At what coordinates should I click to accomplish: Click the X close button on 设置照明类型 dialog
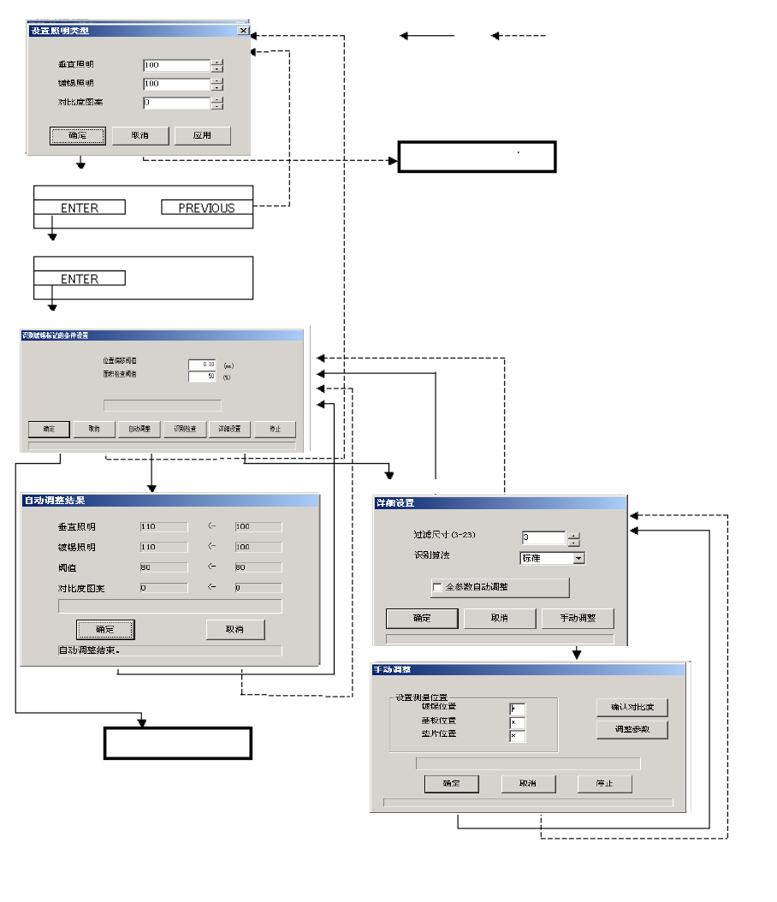[x=244, y=30]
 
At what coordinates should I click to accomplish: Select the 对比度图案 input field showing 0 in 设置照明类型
[x=176, y=103]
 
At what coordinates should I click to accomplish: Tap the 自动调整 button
[x=139, y=429]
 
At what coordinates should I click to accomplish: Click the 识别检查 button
[x=185, y=429]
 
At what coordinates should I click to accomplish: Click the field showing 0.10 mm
[x=202, y=365]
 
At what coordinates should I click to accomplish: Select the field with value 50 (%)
[x=202, y=376]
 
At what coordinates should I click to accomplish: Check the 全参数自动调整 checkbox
[x=438, y=588]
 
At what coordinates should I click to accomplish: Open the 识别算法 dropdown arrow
[x=578, y=558]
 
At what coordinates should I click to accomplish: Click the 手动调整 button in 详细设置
[x=578, y=618]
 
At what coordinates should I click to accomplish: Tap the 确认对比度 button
[x=632, y=708]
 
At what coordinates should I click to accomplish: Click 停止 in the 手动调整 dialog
[x=604, y=784]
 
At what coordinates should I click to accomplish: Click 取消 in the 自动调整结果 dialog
[x=235, y=629]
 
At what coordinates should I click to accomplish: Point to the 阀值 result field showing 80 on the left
[x=163, y=567]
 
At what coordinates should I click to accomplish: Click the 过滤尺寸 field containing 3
[x=543, y=538]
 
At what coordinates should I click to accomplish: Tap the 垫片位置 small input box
[x=517, y=736]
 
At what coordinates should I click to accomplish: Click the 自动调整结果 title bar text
[x=55, y=501]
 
